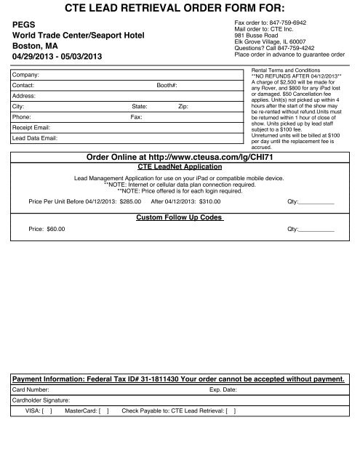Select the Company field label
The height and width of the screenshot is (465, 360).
coord(28,74)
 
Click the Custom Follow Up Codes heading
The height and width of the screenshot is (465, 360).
coord(179,217)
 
